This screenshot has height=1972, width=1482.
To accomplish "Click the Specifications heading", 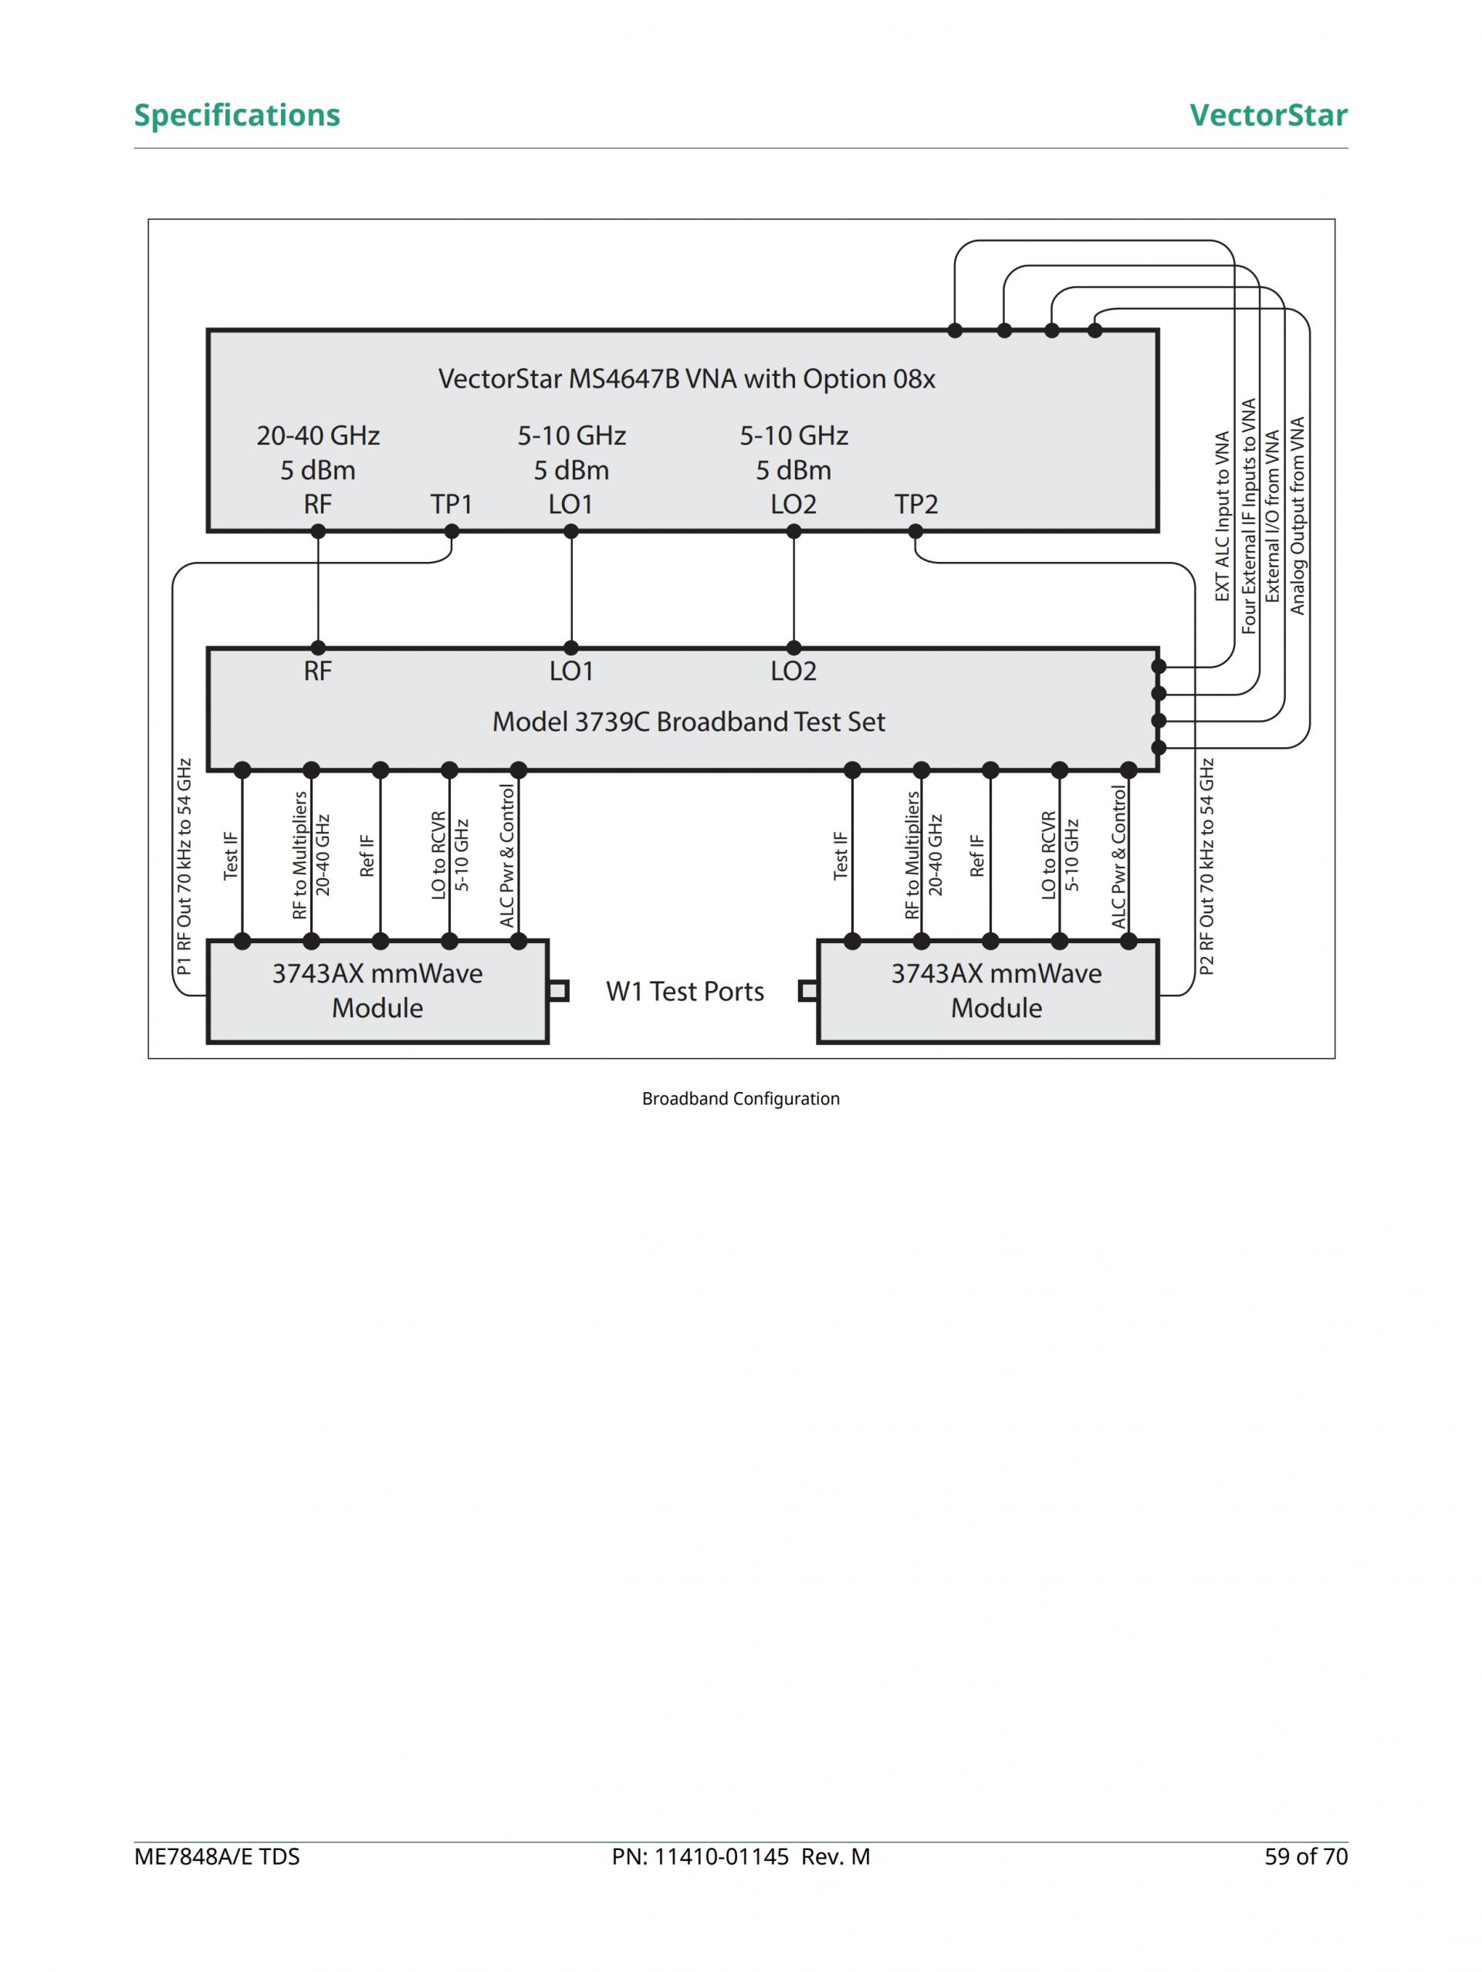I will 236,115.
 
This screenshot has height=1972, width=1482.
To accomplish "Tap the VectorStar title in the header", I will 1267,115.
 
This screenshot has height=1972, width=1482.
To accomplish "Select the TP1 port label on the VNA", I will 452,505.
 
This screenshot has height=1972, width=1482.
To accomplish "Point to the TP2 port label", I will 915,505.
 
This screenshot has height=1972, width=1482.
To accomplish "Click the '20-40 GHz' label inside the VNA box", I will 317,436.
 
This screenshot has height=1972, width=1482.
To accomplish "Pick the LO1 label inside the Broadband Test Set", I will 570,671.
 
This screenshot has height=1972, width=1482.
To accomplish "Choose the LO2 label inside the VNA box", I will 793,505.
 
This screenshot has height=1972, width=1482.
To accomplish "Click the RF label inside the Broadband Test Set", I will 317,671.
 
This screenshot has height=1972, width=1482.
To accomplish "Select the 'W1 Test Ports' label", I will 685,991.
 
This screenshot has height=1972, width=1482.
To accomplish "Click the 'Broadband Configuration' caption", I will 740,1098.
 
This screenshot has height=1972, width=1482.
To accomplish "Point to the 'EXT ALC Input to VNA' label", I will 1223,517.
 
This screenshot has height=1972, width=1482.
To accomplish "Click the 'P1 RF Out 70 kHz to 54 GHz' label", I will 184,867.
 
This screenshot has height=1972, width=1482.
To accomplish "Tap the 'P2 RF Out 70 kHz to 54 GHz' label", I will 1206,867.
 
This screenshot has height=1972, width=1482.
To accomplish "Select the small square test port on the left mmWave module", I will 559,990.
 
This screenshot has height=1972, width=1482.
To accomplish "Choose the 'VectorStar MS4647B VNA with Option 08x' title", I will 687,379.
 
